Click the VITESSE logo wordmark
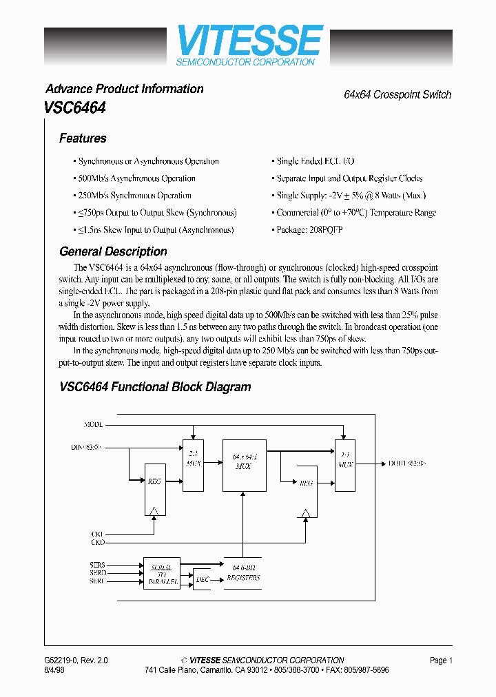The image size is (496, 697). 249,41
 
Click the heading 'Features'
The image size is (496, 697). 83,138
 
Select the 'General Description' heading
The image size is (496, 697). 113,251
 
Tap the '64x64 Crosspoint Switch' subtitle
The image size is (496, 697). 397,94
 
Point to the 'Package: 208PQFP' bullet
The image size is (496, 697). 309,230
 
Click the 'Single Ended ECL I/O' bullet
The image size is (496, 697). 315,161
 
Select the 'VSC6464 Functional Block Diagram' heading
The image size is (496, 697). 155,387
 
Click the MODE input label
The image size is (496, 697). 94,424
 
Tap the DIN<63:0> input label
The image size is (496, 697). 86,448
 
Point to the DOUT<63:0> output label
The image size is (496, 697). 407,464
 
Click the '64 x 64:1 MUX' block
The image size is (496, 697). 244,465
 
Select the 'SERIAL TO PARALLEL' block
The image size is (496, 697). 162,573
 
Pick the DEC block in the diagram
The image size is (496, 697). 202,580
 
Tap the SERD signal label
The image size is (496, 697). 97,573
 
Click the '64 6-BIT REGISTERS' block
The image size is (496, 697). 244,573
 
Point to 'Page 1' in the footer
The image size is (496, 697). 441,660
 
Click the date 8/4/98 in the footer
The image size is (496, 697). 54,670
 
